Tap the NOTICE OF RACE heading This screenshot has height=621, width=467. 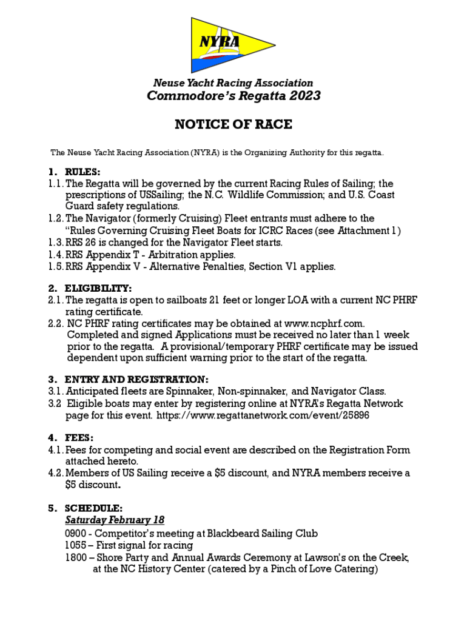click(233, 124)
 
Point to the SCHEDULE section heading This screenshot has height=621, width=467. click(93, 508)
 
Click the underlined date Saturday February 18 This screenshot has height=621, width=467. click(115, 520)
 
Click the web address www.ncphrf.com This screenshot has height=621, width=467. click(324, 324)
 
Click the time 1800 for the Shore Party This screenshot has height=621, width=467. click(75, 557)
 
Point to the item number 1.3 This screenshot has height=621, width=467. click(56, 243)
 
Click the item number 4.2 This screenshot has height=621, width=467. click(56, 473)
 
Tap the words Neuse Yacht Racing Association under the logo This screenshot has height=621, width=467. click(233, 83)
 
